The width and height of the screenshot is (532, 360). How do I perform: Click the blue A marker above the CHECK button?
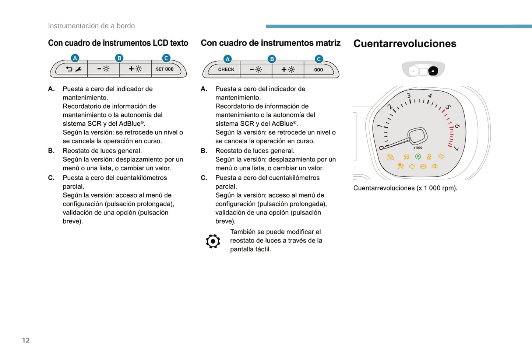pyautogui.click(x=228, y=59)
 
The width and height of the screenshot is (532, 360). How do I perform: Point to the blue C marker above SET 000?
pyautogui.click(x=166, y=58)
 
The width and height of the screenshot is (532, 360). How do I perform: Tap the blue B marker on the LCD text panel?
pyautogui.click(x=119, y=58)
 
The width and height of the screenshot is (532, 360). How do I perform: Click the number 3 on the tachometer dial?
pyautogui.click(x=409, y=95)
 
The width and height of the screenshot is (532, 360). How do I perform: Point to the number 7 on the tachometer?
pyautogui.click(x=457, y=148)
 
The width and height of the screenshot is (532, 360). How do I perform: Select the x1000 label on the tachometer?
pyautogui.click(x=418, y=148)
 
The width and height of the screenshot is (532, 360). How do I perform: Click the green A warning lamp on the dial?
pyautogui.click(x=418, y=157)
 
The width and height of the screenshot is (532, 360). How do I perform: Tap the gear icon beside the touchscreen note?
pyautogui.click(x=213, y=241)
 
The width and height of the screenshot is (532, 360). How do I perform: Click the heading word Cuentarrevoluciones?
pyautogui.click(x=405, y=43)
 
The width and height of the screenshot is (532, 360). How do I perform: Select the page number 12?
pyautogui.click(x=26, y=340)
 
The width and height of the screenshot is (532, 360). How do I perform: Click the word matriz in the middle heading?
pyautogui.click(x=328, y=43)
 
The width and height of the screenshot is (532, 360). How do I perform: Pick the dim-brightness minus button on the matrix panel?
pyautogui.click(x=256, y=69)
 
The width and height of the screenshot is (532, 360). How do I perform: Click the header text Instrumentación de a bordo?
pyautogui.click(x=91, y=26)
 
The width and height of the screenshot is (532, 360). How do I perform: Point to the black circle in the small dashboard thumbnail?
pyautogui.click(x=433, y=71)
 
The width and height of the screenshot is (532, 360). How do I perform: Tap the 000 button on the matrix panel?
pyautogui.click(x=319, y=70)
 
